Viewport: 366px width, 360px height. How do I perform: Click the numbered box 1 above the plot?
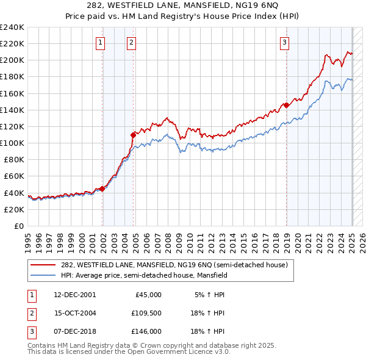point(99,42)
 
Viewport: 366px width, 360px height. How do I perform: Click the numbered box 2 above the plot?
point(131,42)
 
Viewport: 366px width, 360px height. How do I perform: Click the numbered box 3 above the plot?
point(284,42)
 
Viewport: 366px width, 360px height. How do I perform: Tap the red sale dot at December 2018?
point(287,105)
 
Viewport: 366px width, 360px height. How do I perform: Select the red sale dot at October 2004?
point(134,134)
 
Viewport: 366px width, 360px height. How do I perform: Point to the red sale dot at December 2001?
point(102,189)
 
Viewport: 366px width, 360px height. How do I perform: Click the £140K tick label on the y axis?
point(12,110)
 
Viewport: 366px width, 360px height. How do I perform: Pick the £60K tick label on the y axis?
point(13,176)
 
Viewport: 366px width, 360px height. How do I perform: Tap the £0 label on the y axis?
point(18,226)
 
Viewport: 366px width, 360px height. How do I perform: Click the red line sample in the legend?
point(43,264)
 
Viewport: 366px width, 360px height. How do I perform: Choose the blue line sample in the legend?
point(43,275)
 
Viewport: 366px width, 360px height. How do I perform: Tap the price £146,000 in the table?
point(146,331)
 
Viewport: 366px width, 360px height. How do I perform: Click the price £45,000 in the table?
point(148,295)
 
